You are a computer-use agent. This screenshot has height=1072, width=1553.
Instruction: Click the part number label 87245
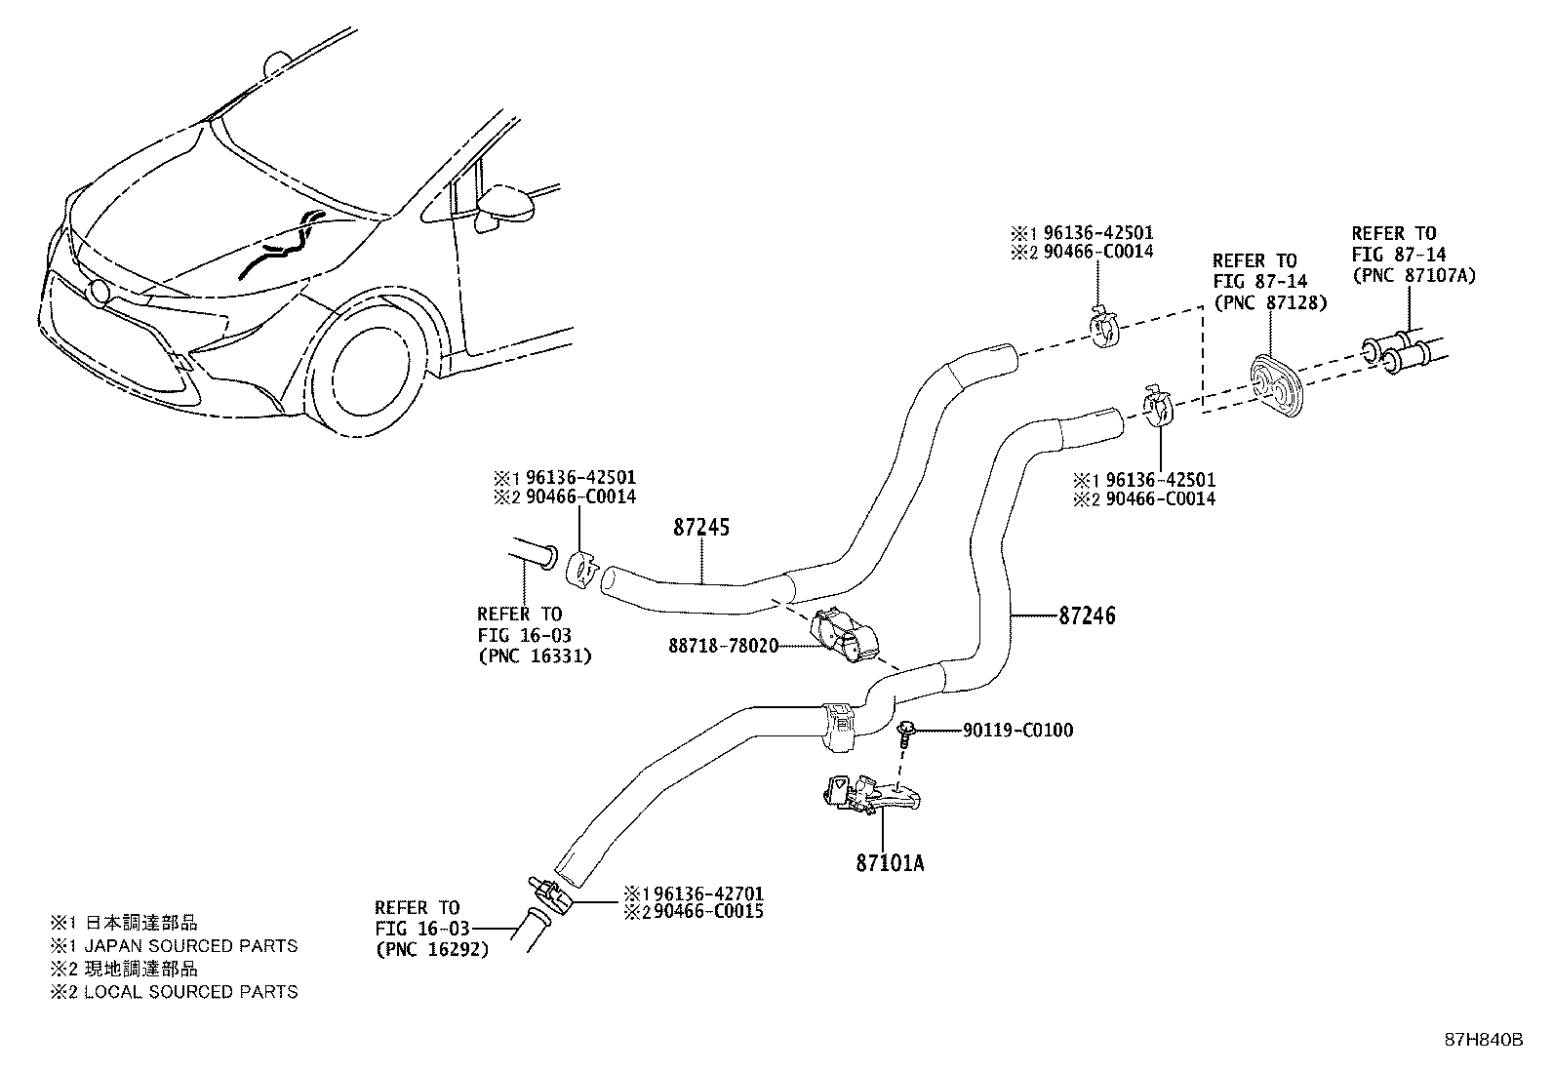(x=700, y=528)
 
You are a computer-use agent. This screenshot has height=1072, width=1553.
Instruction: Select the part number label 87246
(x=1087, y=615)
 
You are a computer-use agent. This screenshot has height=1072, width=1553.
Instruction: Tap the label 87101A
(x=891, y=863)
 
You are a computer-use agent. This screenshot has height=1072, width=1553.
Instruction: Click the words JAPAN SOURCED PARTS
(x=190, y=945)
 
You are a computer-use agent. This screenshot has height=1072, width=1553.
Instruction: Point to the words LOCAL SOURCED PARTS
(x=190, y=991)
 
